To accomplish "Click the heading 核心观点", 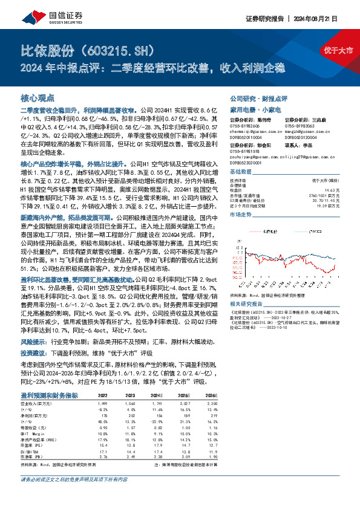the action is pyautogui.click(x=38, y=97).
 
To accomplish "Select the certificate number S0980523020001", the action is pyautogui.click(x=250, y=163).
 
